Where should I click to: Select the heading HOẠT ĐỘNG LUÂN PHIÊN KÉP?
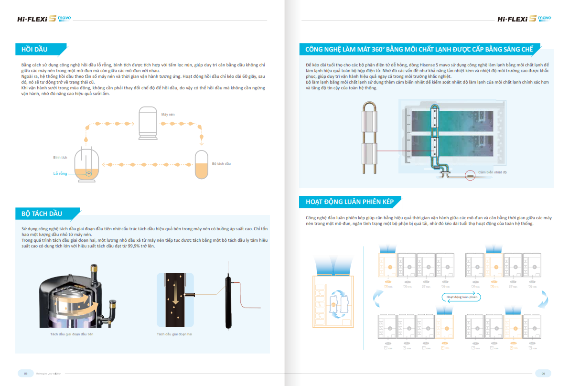click(349, 202)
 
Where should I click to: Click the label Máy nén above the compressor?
click(168, 115)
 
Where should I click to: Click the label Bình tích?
click(60, 157)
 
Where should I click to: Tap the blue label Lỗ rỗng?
click(60, 174)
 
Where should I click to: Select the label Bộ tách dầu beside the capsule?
click(221, 164)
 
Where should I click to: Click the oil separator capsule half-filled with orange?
click(202, 165)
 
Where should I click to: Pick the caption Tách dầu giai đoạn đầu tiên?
click(72, 334)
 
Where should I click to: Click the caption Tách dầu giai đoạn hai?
click(175, 334)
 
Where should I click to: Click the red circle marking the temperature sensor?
click(471, 175)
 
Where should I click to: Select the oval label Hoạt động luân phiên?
click(462, 297)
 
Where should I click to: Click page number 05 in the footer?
click(25, 373)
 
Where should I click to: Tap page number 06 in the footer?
click(543, 373)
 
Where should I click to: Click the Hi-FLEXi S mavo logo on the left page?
click(43, 19)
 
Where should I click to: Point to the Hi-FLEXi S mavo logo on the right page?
click(524, 19)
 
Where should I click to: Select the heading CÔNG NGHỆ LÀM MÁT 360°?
click(419, 49)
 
